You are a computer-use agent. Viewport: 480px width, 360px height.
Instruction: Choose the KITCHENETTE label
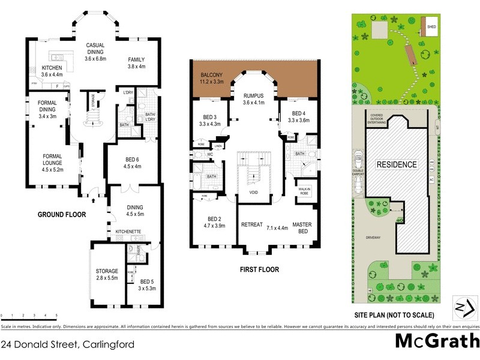coord(128,231)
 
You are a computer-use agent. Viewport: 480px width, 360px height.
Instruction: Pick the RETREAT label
coord(252,224)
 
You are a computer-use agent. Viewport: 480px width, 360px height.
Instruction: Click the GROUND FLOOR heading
coord(62,214)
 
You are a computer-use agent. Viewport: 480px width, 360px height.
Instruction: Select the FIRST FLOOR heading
coord(259,269)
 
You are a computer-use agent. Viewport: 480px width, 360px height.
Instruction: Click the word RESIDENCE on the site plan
coord(396,164)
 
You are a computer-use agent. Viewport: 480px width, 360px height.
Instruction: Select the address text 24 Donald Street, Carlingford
coord(67,344)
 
